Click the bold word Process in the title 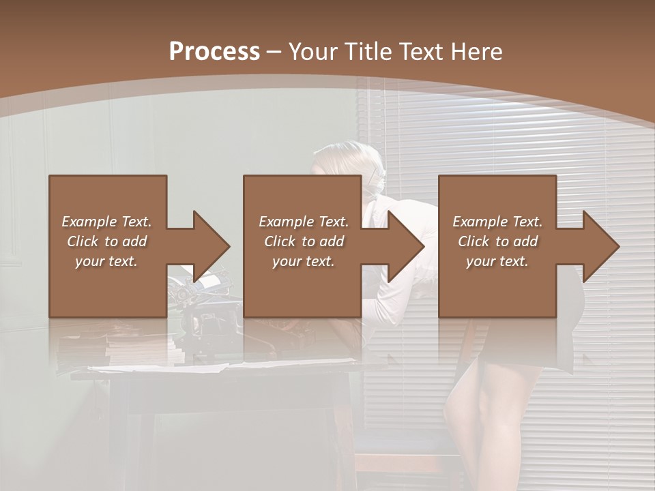point(214,52)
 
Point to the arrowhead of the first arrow point(211,246)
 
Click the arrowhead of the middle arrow point(406,246)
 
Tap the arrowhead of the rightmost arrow point(600,246)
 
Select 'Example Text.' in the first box point(107,221)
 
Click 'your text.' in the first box point(107,261)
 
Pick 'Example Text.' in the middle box point(304,221)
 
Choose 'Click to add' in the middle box point(304,241)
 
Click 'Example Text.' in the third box point(497,221)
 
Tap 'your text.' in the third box point(497,261)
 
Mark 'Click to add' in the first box point(107,241)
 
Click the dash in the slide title point(274,52)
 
